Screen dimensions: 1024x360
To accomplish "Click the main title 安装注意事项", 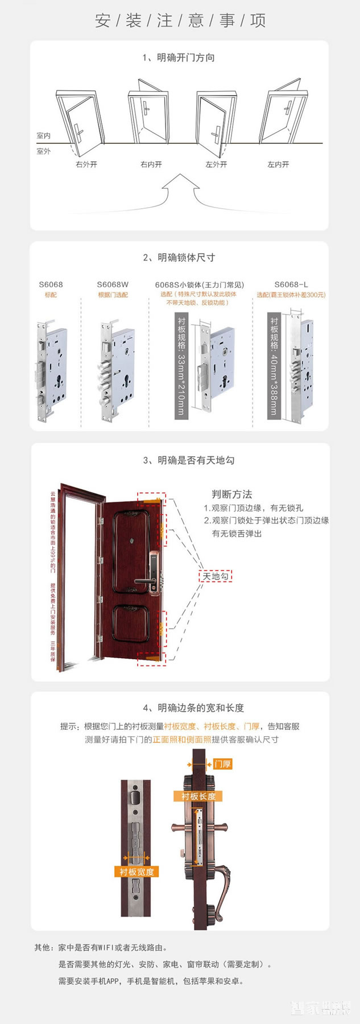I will coord(180,21).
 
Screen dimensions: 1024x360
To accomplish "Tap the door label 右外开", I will coord(86,164).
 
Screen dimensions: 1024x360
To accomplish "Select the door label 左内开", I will coord(278,164).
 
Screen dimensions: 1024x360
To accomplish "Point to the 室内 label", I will coord(44,136).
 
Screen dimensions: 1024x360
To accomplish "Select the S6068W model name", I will coord(113,284).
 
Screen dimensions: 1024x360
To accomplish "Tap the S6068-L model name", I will coord(291,284).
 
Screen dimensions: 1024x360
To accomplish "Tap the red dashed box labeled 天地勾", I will coord(216,576).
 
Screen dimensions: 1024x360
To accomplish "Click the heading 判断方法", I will coord(231,494).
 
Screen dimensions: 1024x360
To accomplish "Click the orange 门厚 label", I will coord(222,764).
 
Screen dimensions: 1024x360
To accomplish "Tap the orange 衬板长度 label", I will coord(198,796).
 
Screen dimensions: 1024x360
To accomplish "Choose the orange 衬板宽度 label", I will coord(136,872).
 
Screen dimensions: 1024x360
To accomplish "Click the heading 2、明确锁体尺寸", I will coord(179,258).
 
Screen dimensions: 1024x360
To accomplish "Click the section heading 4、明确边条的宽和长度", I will coord(193,708).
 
